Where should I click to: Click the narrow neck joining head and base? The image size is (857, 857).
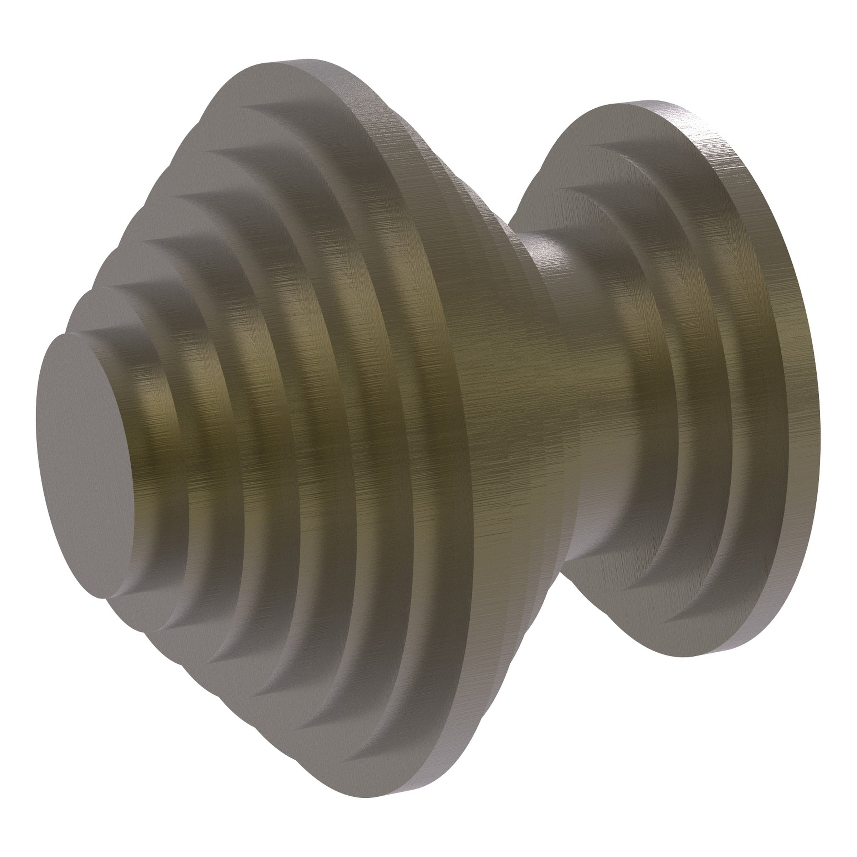click(577, 399)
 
